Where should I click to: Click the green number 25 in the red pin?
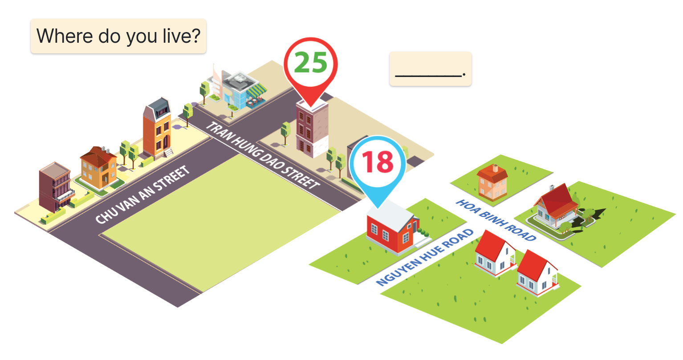pos(311,62)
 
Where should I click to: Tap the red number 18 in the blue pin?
pos(378,162)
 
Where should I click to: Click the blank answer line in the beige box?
pos(428,75)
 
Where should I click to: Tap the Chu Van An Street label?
pos(142,194)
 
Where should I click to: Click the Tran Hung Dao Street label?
pos(263,155)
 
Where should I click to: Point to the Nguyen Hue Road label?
pos(425,257)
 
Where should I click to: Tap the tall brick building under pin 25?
pos(312,129)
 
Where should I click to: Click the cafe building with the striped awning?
pos(238,90)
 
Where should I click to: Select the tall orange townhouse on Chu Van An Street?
pos(157,128)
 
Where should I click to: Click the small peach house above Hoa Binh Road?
pos(492,182)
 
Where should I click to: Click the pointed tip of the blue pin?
pos(378,208)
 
